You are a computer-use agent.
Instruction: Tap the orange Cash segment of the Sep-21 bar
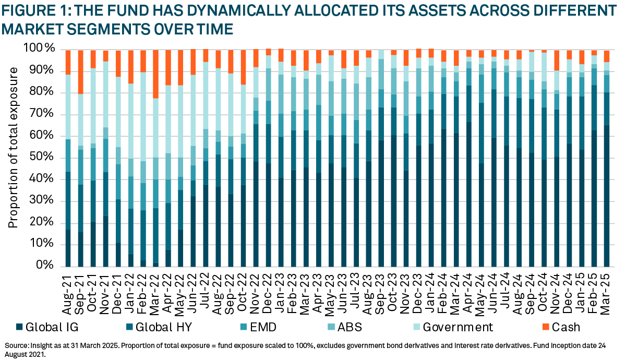[80, 72]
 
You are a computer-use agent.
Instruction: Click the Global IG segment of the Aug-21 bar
[68, 247]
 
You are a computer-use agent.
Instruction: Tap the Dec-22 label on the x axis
[269, 290]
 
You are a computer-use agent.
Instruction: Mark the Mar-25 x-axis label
[607, 290]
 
